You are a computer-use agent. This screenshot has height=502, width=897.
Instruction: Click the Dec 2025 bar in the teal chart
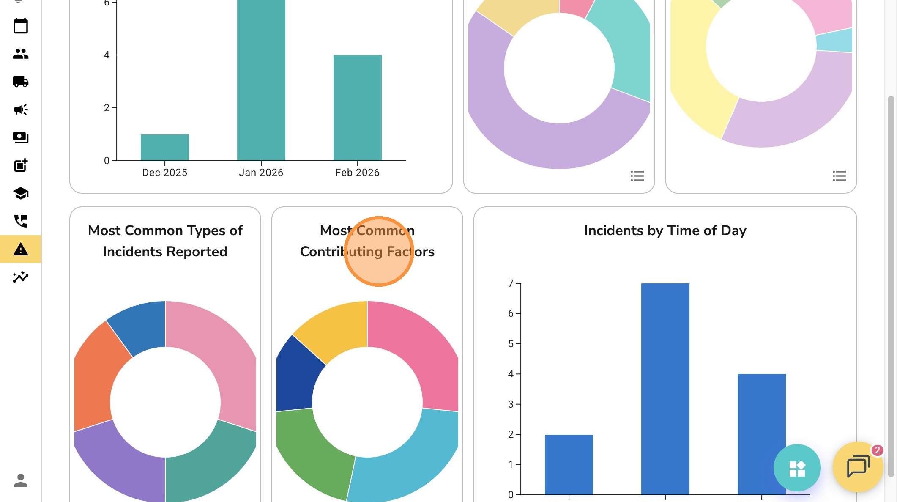click(x=164, y=147)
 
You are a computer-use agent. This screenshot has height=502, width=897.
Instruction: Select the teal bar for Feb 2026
click(x=357, y=107)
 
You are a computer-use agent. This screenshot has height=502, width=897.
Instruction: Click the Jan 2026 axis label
click(x=261, y=173)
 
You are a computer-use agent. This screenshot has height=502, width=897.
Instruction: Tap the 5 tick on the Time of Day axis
click(x=511, y=344)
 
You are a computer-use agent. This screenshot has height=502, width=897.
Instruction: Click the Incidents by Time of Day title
click(x=665, y=230)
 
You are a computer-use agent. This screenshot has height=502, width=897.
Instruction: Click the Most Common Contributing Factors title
click(x=367, y=241)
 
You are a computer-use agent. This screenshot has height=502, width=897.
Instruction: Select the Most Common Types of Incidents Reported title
click(x=165, y=241)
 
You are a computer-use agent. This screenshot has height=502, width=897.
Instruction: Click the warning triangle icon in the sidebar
click(x=20, y=249)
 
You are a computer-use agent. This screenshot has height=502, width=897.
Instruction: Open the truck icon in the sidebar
click(x=20, y=81)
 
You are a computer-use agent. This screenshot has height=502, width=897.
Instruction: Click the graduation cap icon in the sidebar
click(x=20, y=193)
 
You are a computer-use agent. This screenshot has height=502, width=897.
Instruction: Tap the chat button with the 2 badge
click(x=858, y=467)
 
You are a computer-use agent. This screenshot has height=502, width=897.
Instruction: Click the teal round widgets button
click(x=797, y=468)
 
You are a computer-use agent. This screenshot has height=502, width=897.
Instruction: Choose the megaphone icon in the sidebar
click(x=20, y=110)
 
